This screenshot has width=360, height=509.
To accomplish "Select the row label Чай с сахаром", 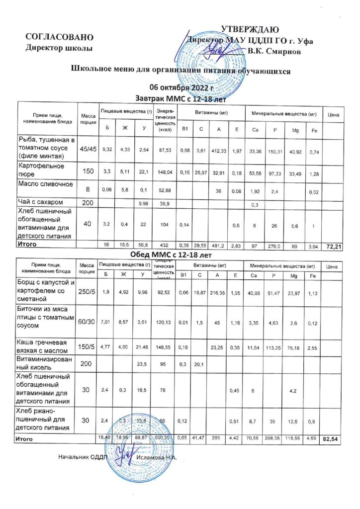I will click(x=40, y=201).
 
